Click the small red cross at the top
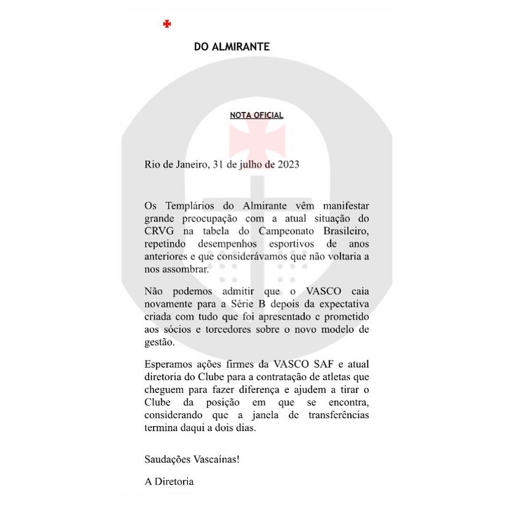(167, 24)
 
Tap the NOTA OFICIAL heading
(257, 115)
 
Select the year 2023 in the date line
(285, 165)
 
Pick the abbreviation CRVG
(158, 229)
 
